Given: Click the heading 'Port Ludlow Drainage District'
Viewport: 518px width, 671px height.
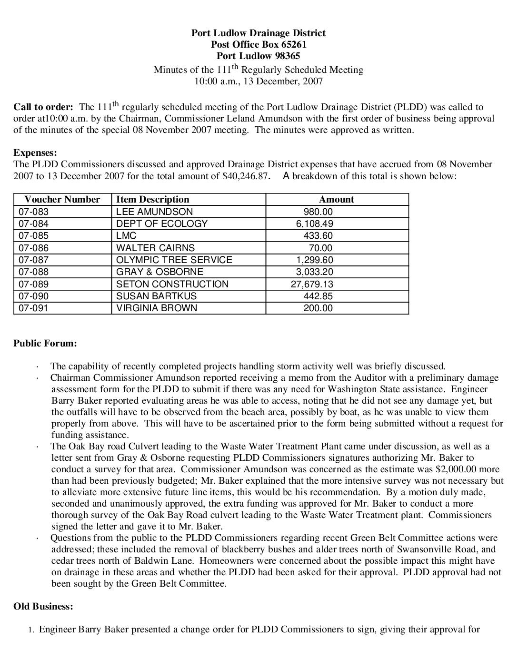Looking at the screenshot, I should pos(259,33).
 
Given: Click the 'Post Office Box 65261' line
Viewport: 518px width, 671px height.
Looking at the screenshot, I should pos(259,44).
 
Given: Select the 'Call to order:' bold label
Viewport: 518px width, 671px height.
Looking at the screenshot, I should pos(43,107).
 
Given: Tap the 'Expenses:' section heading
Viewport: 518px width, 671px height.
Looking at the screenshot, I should pos(35,152).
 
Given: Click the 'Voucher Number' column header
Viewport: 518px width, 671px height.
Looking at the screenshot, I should pos(62,200).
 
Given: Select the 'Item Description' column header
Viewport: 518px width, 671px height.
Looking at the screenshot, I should pos(153,200).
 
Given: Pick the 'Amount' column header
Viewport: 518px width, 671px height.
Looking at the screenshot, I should pos(337,200).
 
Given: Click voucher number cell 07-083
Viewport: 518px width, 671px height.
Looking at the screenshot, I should pos(33,212).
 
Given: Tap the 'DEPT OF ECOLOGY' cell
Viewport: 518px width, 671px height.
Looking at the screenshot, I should pos(162,224).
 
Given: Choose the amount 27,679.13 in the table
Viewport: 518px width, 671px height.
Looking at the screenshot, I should pos(312,284).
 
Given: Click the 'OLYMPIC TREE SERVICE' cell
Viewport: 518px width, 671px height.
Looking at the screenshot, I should pos(174,260).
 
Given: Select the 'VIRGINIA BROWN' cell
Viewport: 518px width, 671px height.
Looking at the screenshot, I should pos(157,308).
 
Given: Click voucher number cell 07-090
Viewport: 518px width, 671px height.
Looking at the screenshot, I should pos(33,296).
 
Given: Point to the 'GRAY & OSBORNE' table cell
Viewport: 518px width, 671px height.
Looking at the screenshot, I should pos(159,272).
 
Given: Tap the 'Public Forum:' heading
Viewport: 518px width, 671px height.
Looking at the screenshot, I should pos(45,343).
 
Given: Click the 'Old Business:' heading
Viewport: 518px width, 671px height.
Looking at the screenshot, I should pos(43,607).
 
